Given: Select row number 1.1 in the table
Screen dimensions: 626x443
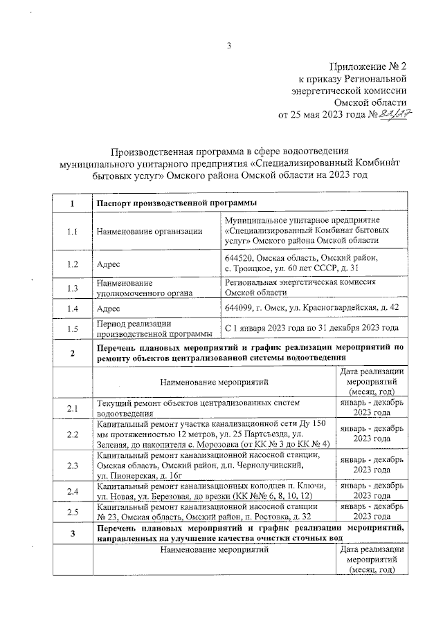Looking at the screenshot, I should [72, 232].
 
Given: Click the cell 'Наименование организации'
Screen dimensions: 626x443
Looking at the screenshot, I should [150, 232].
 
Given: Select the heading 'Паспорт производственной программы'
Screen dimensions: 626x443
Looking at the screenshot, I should [177, 203].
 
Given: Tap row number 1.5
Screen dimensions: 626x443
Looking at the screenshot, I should [72, 329].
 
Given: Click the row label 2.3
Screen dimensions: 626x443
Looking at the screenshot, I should [72, 466].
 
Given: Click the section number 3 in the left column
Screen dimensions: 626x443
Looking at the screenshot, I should [72, 534].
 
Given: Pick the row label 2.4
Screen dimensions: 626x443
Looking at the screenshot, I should [72, 492].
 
